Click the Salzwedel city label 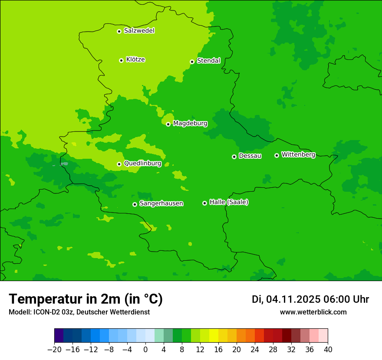[139, 31]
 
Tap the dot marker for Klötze [121, 60]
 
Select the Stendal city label [208, 61]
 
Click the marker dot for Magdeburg [168, 124]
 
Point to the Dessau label [250, 156]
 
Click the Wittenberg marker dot [277, 155]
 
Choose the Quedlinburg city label [142, 164]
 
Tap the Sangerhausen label [161, 203]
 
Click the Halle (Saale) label [229, 202]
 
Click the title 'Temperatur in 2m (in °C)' [86, 299]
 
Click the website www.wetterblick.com [313, 312]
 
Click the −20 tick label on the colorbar [54, 350]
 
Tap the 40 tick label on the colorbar [328, 350]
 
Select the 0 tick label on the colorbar [145, 350]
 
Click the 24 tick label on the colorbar [255, 350]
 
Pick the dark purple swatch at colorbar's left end [59, 336]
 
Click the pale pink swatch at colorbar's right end [323, 336]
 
